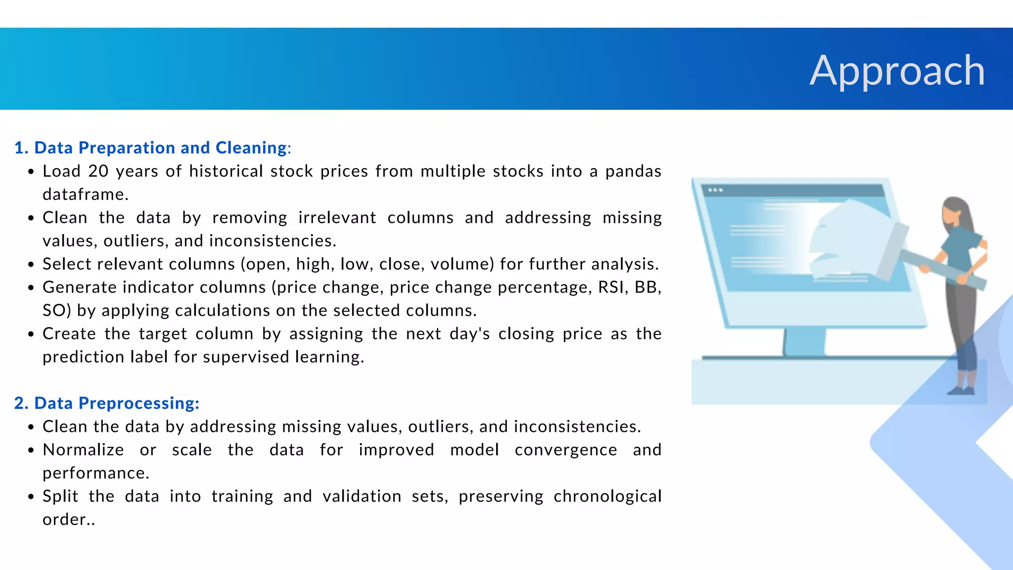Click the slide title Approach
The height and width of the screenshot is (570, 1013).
coord(897,71)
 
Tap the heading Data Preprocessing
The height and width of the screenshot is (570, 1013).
coord(107,403)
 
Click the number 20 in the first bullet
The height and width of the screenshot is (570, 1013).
coord(98,171)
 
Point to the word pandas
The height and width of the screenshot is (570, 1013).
coord(633,171)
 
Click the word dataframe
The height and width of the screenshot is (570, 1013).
coord(86,194)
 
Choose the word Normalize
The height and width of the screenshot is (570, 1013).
coord(83,450)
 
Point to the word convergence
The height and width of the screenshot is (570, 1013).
coord(566,450)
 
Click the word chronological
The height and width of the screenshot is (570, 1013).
coord(607,496)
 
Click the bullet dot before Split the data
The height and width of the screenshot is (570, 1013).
coord(31,497)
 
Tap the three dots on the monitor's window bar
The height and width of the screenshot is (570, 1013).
coord(715,190)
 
